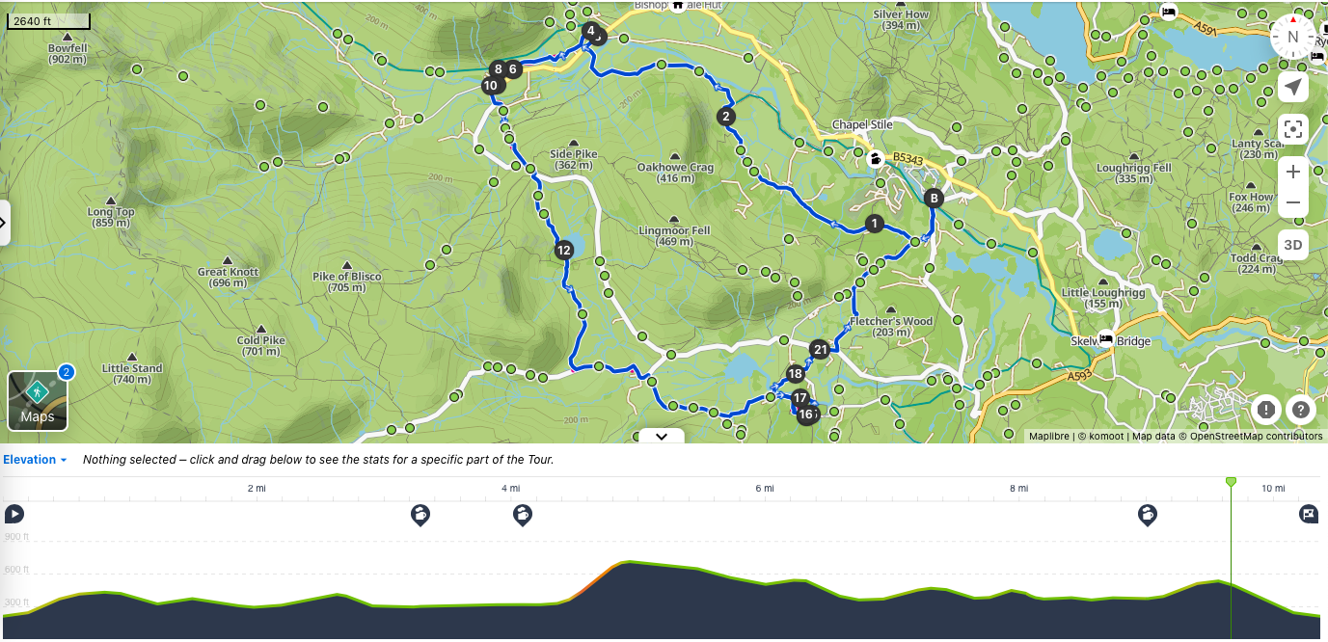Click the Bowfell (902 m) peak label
pos(68,53)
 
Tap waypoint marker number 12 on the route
pos(564,251)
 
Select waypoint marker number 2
pos(725,117)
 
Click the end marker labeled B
pos(933,199)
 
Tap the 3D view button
pos(1293,245)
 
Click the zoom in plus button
pos(1293,172)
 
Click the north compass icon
pos(1293,38)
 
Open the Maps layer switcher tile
pos(38,400)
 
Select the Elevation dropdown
pos(35,460)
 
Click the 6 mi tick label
pos(765,489)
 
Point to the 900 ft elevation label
pos(16,537)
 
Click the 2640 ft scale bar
pos(48,20)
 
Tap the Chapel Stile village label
pos(862,125)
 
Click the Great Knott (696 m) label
pos(229,278)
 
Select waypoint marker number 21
pos(820,350)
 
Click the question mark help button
pos(1301,410)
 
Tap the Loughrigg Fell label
pos(1134,174)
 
